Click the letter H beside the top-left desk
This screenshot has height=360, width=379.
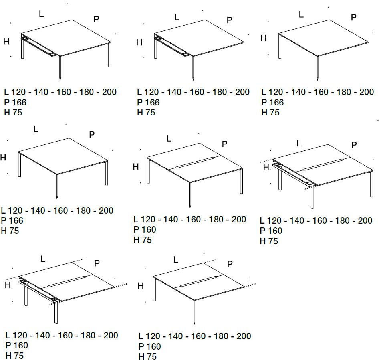(x=6, y=42)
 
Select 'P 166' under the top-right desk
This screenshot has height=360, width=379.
(x=272, y=102)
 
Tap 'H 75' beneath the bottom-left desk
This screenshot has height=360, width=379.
(x=14, y=356)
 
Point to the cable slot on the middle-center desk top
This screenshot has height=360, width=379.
(x=195, y=163)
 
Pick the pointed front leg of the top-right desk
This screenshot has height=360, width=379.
(x=317, y=68)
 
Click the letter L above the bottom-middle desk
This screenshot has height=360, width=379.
(x=176, y=260)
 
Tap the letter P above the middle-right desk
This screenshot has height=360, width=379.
(x=354, y=145)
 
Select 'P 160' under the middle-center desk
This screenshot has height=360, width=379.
(x=145, y=229)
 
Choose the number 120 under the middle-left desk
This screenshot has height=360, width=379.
(x=15, y=210)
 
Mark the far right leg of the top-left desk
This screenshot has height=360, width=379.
(x=109, y=55)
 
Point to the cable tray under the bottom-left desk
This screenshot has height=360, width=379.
(x=39, y=291)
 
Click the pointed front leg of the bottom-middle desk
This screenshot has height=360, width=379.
(x=194, y=312)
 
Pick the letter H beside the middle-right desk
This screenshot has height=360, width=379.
(x=266, y=167)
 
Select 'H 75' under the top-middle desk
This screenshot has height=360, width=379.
(x=146, y=113)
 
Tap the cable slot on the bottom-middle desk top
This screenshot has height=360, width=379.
(x=199, y=281)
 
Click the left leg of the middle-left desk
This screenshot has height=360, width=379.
(x=20, y=164)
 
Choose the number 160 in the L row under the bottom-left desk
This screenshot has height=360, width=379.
(x=65, y=335)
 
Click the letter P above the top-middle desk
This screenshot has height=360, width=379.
(x=230, y=20)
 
